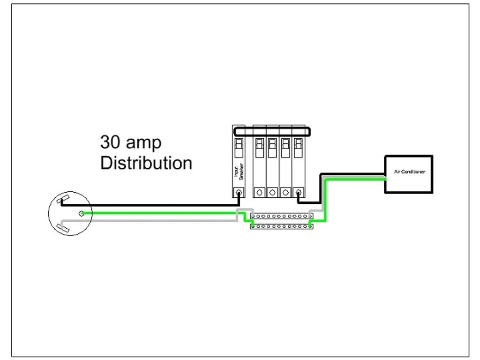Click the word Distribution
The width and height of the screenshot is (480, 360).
pyautogui.click(x=146, y=163)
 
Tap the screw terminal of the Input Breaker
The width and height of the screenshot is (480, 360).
pyautogui.click(x=239, y=192)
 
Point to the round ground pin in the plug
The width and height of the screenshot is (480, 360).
pyautogui.click(x=82, y=214)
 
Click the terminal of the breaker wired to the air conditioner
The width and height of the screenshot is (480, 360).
pyautogui.click(x=298, y=192)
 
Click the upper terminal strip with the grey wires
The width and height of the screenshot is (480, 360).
pyautogui.click(x=281, y=217)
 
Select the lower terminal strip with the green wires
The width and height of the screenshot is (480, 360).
pyautogui.click(x=281, y=226)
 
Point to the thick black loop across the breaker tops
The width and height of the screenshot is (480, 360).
pyautogui.click(x=272, y=131)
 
